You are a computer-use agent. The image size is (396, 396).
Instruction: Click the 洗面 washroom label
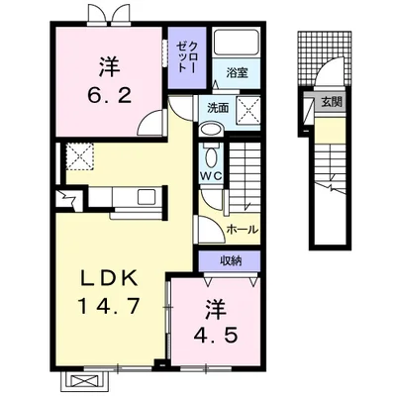[216, 108]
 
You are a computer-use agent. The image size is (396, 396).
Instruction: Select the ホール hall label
[242, 229]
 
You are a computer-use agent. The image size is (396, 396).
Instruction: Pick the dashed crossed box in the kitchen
[79, 155]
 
